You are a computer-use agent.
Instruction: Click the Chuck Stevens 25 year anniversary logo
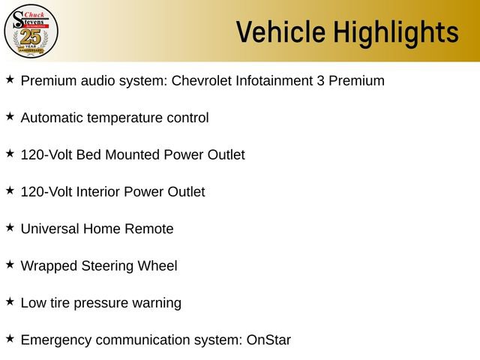(x=31, y=31)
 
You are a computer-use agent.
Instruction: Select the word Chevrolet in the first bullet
(x=205, y=81)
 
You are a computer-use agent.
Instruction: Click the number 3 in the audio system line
(x=322, y=81)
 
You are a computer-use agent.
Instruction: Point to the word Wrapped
(x=48, y=266)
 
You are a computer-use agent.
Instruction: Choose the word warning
(x=156, y=303)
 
